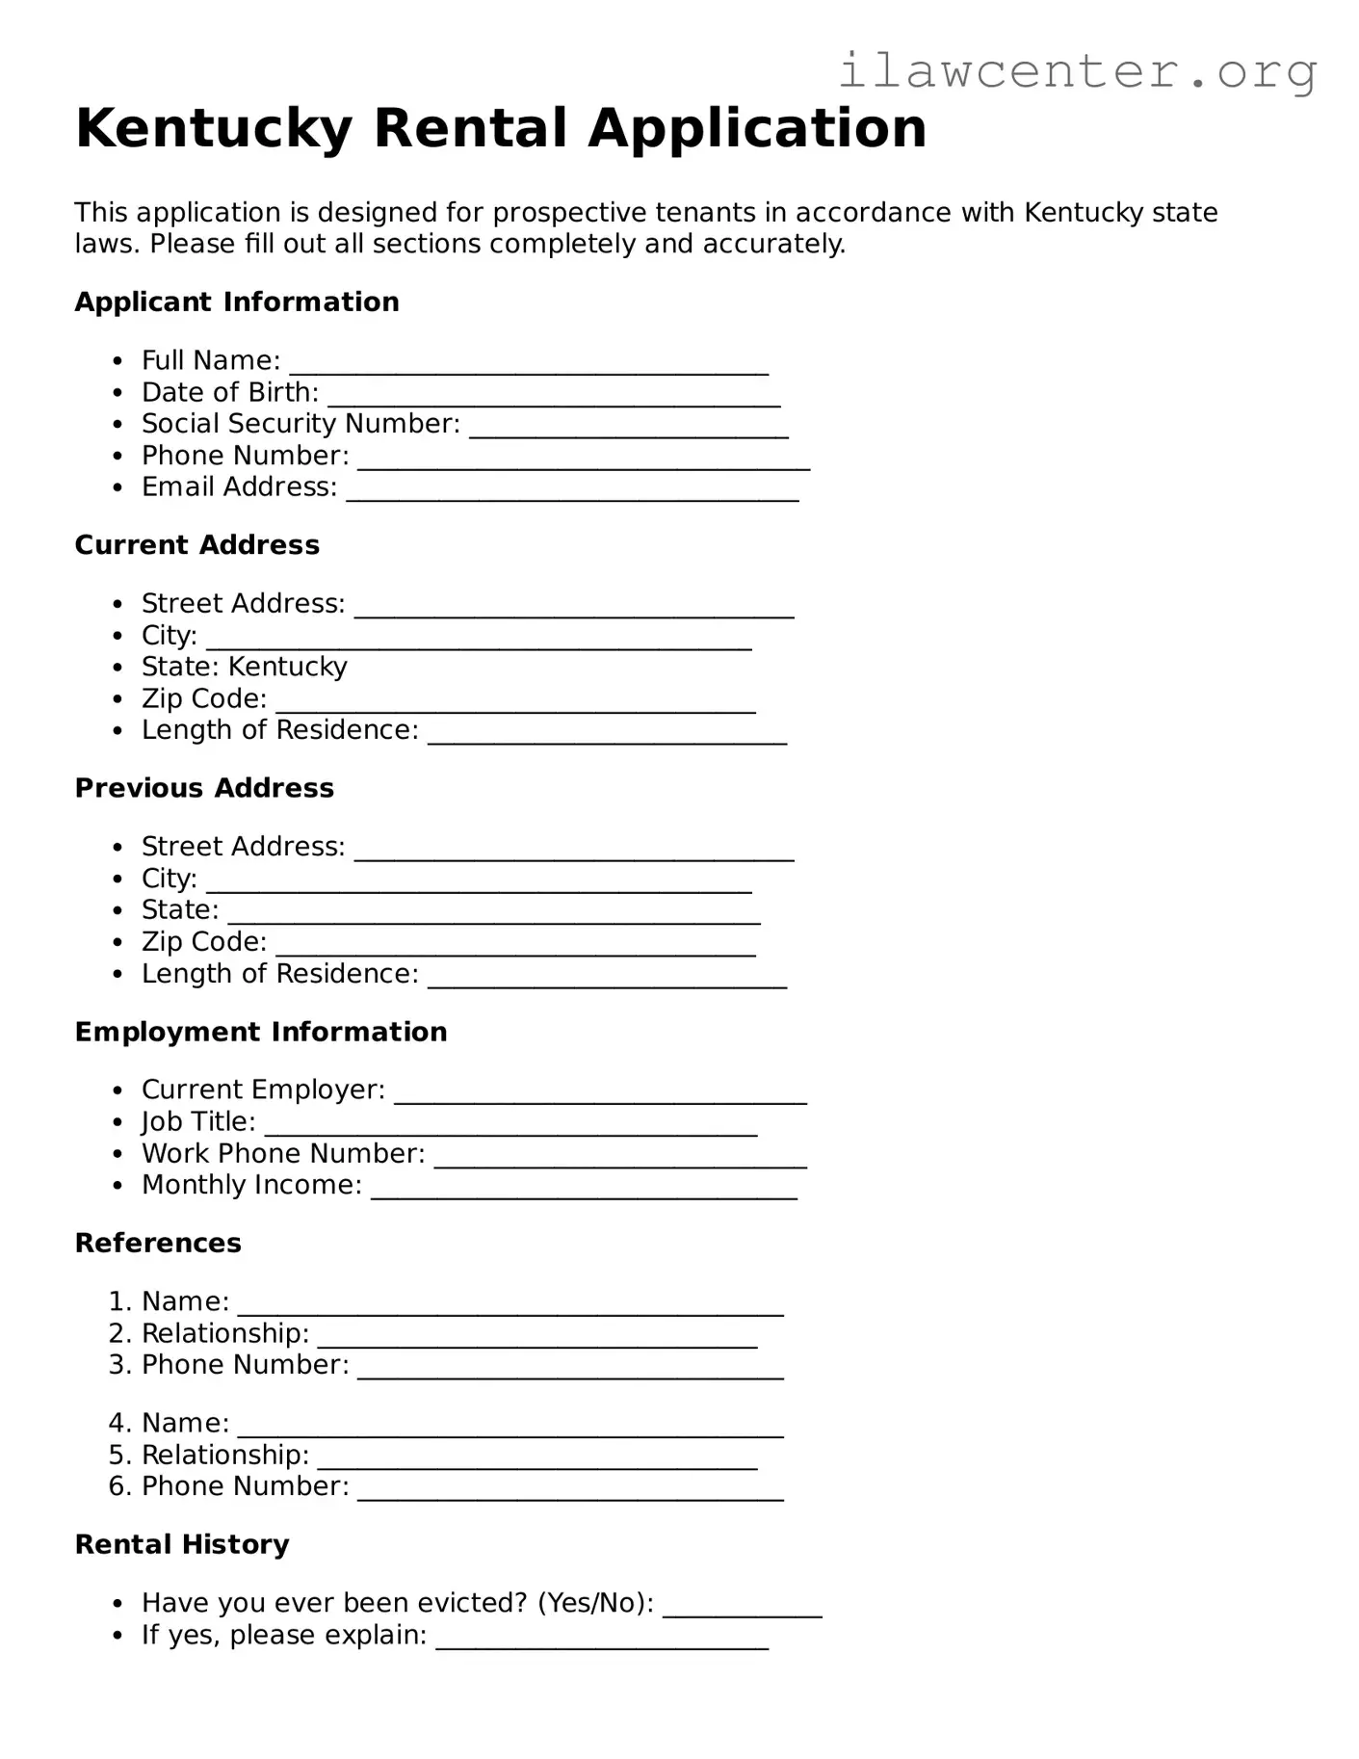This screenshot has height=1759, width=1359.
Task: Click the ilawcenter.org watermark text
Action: click(1077, 71)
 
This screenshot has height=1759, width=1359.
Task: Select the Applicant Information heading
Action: click(237, 302)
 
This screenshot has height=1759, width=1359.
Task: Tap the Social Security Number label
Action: click(301, 424)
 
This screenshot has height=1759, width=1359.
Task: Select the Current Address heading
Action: click(197, 545)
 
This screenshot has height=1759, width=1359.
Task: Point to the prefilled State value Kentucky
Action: click(287, 667)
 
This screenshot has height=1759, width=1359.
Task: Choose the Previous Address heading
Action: click(204, 788)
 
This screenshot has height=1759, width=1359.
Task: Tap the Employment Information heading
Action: click(261, 1032)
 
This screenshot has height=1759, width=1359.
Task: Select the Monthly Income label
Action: click(251, 1185)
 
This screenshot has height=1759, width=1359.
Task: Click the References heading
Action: click(158, 1243)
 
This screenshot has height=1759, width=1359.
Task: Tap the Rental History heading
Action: click(182, 1544)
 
